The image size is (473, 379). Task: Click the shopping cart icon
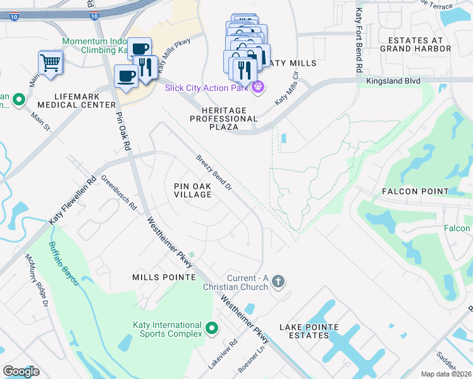pos(51,62)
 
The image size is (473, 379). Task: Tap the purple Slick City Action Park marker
pos(257,87)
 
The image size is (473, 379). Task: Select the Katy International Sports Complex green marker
pos(211,329)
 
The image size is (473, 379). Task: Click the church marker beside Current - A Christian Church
pos(278,282)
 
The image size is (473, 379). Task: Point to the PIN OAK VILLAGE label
pos(193,189)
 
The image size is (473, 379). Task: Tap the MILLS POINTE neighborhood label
pos(161,277)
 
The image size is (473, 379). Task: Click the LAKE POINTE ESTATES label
pos(310,331)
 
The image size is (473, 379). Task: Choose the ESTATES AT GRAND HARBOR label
pos(415,44)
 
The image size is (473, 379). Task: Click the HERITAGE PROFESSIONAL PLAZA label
pos(224,118)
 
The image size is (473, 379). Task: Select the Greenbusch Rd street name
pos(119,193)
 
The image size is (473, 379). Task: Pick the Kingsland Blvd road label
pos(393,81)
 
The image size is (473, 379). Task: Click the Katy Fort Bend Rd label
pos(359,40)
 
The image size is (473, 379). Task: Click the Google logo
pos(21,371)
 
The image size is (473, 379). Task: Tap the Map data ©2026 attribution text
pos(446,374)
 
